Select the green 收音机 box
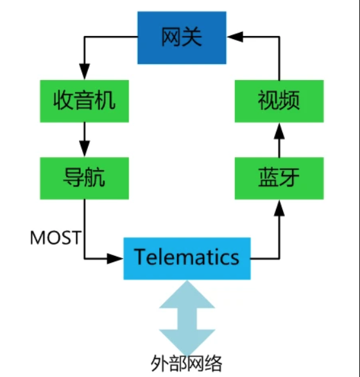(x=84, y=101)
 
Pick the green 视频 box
(x=279, y=101)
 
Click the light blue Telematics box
(x=187, y=258)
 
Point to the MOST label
(x=55, y=238)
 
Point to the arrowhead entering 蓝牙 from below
(x=279, y=206)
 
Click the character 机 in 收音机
(x=105, y=101)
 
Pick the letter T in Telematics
(x=140, y=258)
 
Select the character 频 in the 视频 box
(x=290, y=101)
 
